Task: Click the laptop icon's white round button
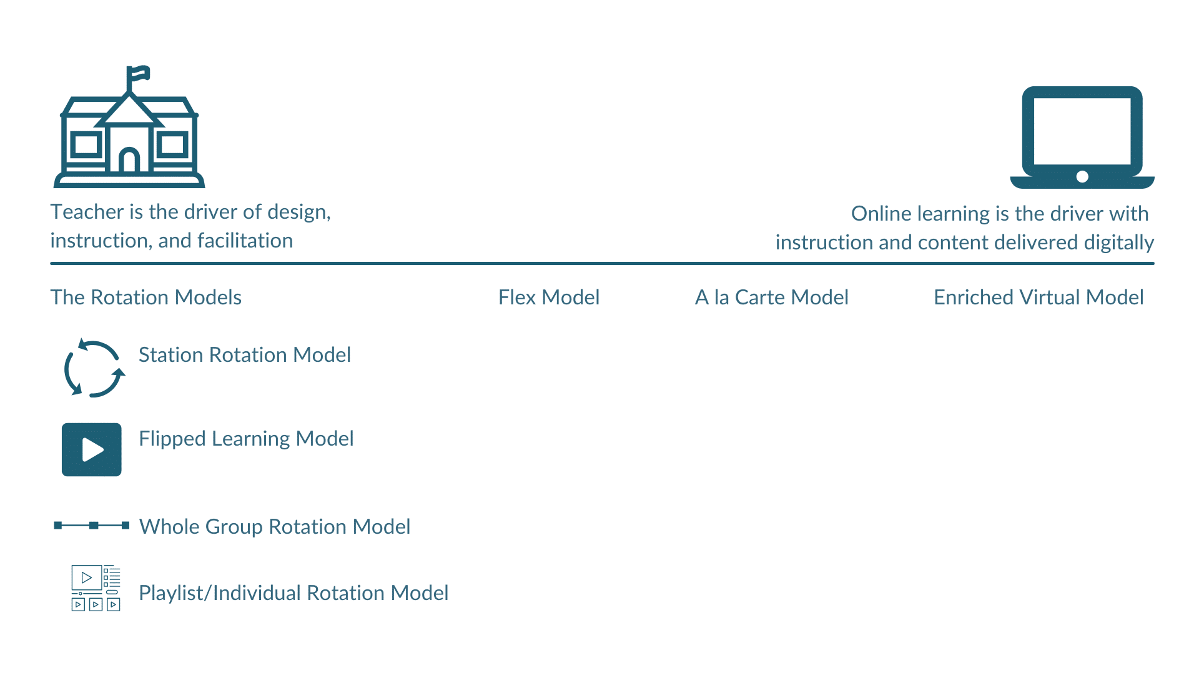1082,177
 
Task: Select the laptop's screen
1082,131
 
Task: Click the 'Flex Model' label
548,297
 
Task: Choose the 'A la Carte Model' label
771,297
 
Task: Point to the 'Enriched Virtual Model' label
1038,297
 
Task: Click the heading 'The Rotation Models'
146,297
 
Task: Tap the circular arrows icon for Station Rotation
94,368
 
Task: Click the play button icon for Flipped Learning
92,449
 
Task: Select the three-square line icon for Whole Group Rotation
92,526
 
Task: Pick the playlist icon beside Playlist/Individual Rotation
96,588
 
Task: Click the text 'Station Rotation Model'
244,355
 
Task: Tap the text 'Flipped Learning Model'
246,439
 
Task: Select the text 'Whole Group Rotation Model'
274,527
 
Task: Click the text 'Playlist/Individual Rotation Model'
294,593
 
